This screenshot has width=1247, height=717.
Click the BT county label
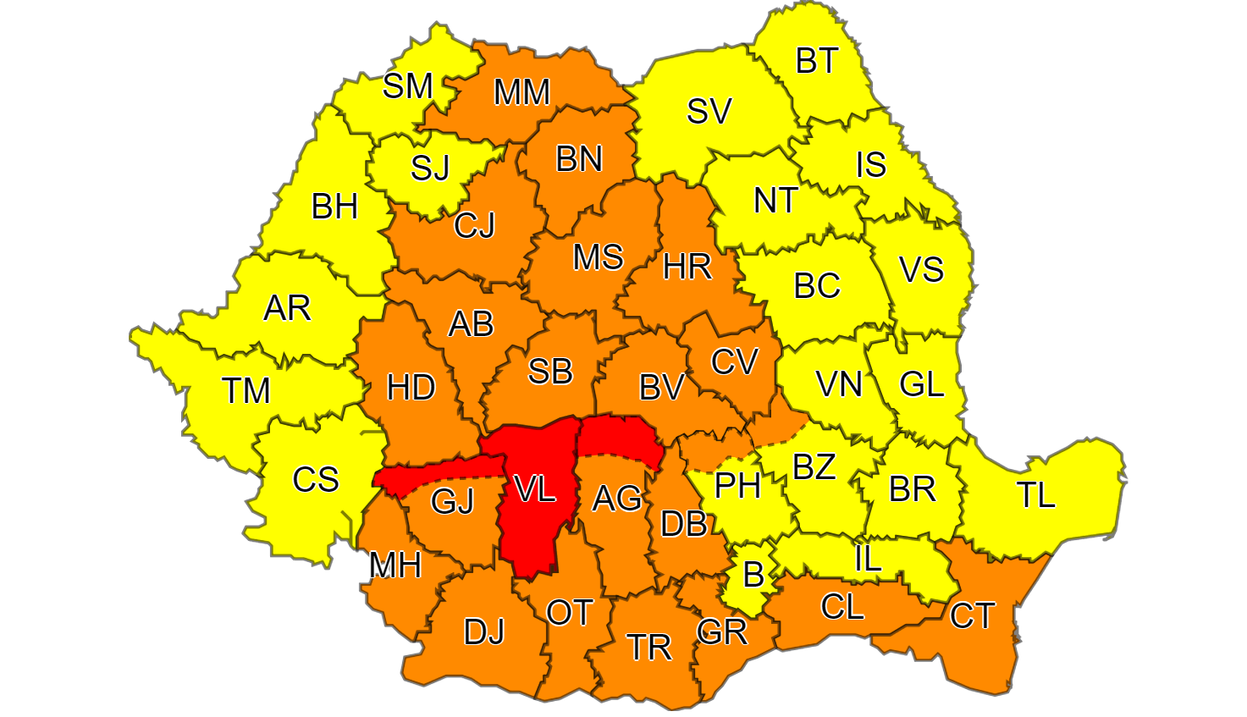(817, 61)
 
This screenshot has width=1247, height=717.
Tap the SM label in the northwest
(407, 85)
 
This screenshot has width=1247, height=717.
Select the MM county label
(521, 92)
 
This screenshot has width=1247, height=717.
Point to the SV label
(709, 111)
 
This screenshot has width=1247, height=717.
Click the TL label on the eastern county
(1035, 495)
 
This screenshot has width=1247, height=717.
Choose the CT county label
(972, 616)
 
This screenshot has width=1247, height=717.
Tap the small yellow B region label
(753, 576)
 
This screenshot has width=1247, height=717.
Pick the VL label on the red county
(535, 488)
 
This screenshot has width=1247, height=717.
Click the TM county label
(246, 391)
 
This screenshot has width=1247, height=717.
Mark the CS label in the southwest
(315, 480)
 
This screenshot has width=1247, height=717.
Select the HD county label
(411, 388)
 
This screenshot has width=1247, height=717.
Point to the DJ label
(484, 632)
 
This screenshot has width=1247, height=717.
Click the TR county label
(649, 648)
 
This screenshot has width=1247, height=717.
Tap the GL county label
(921, 385)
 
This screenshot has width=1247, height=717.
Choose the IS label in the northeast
(871, 165)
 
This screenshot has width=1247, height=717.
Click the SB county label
(550, 372)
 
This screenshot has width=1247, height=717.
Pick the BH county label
(334, 207)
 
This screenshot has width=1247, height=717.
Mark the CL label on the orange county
(842, 607)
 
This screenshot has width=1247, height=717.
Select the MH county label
(395, 565)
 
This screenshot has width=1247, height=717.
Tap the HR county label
(687, 267)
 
